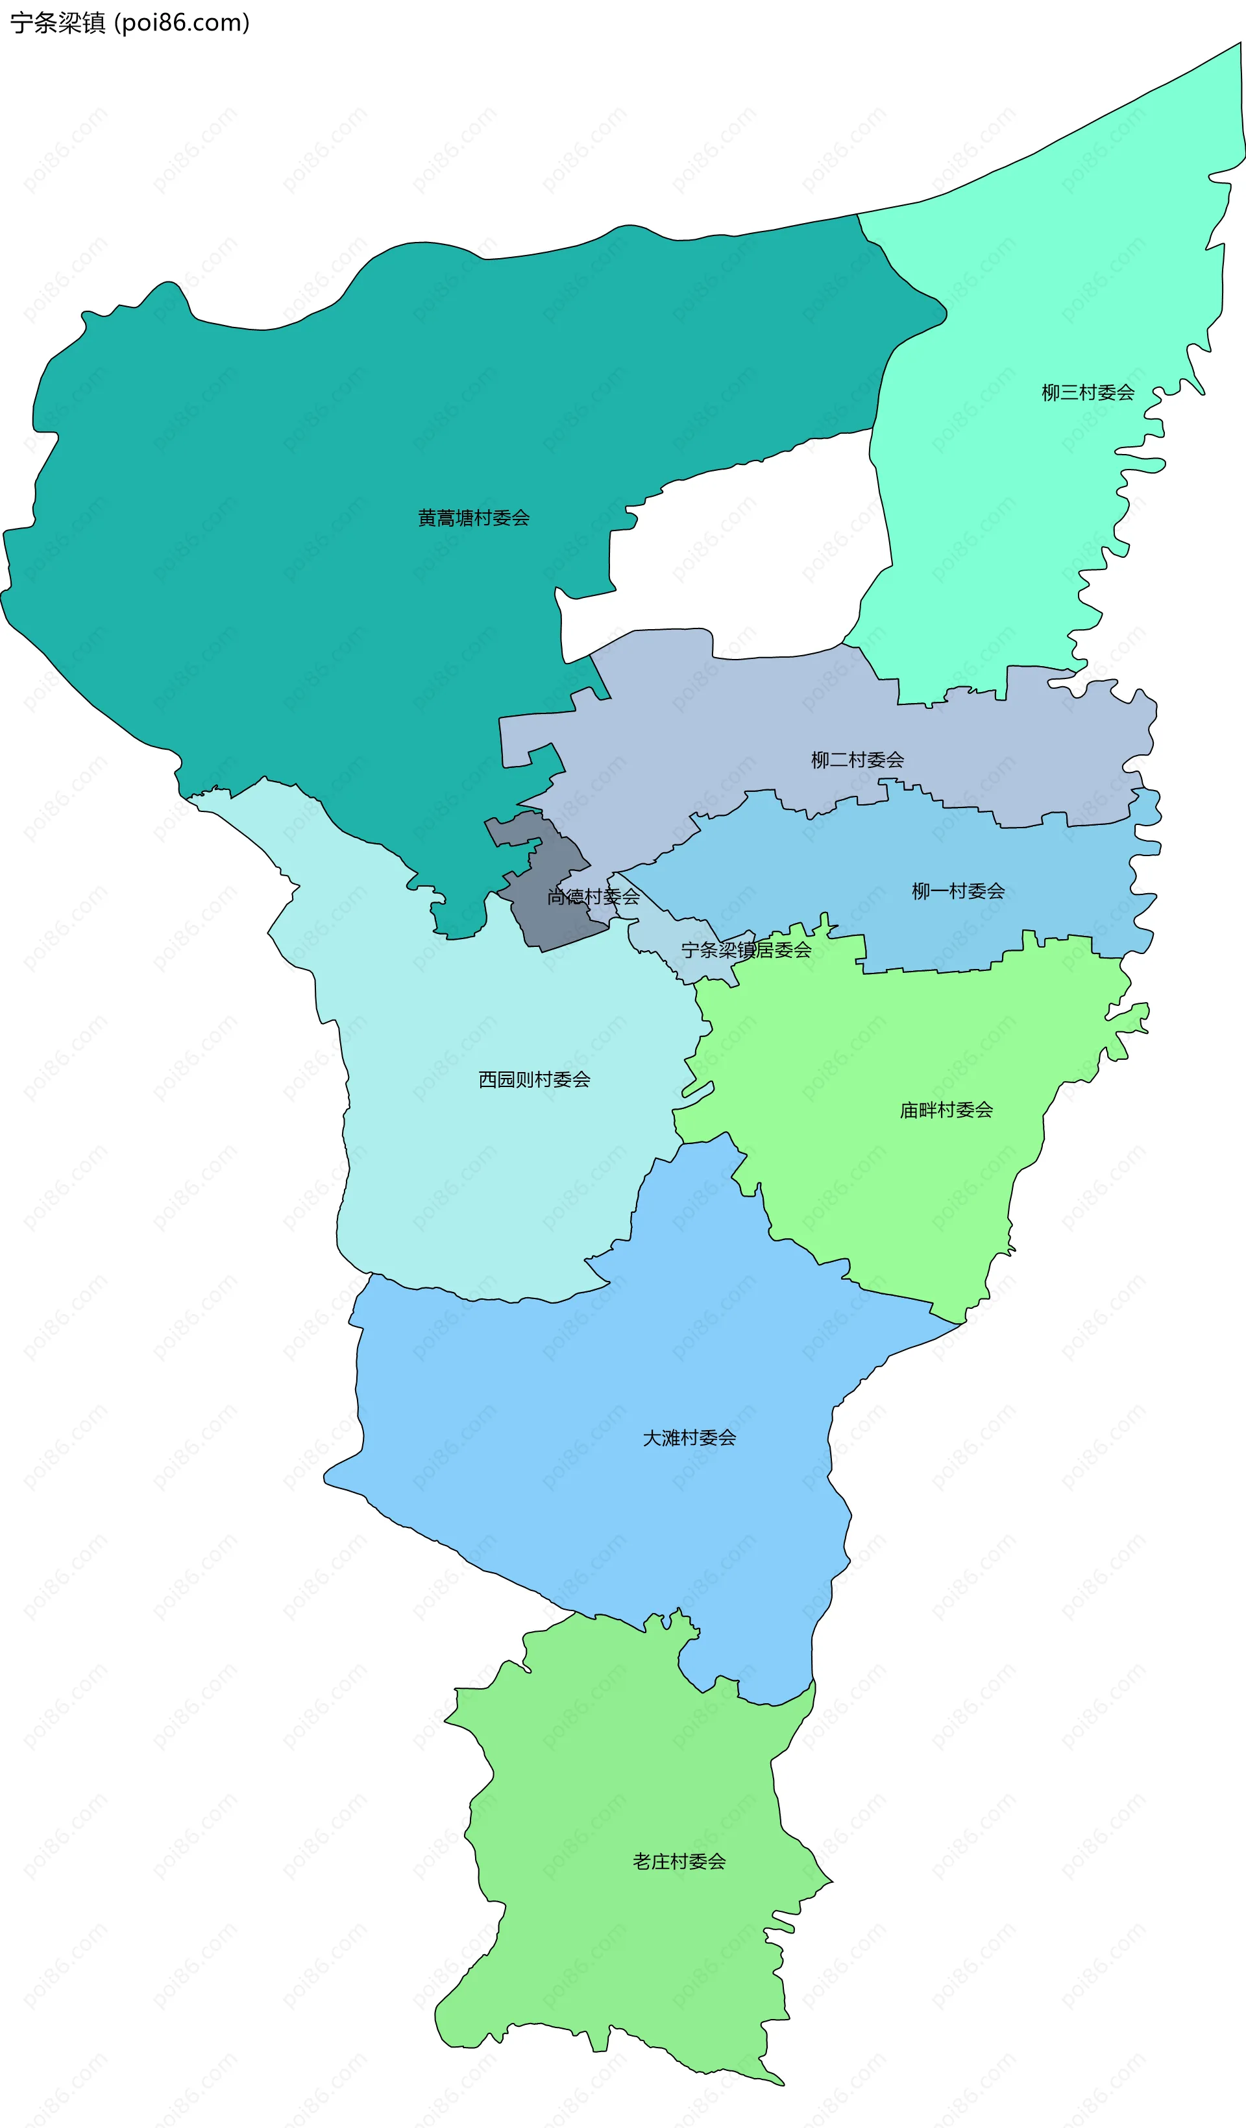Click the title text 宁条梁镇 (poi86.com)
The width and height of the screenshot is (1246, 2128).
coord(129,23)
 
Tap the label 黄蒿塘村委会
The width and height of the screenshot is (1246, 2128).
coord(473,518)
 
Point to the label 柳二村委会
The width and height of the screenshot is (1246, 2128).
coord(857,760)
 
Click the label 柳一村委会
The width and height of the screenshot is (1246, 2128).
coord(957,891)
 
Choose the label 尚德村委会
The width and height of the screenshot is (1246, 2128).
coord(593,897)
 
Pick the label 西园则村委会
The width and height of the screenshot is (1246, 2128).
coord(534,1079)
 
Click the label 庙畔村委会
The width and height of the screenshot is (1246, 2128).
coord(946,1110)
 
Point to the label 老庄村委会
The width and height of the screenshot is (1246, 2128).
coord(679,1862)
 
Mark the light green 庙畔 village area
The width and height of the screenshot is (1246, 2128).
coord(887,1182)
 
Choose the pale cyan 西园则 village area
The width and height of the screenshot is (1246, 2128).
coord(473,1182)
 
